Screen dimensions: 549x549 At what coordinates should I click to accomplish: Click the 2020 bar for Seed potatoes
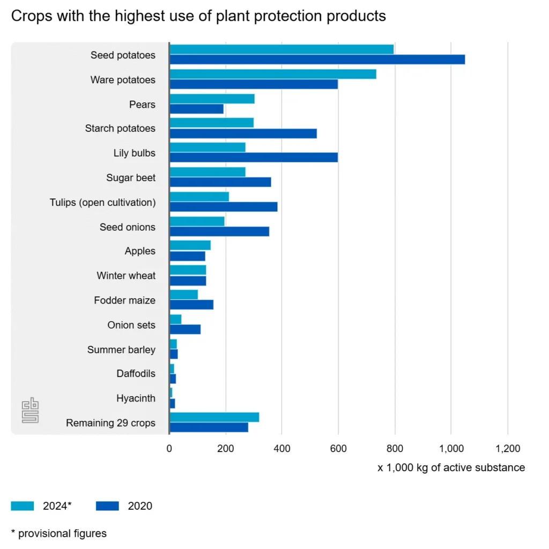317,60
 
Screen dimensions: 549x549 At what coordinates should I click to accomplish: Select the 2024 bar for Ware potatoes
273,74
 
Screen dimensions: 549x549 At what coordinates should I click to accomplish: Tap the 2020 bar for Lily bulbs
254,157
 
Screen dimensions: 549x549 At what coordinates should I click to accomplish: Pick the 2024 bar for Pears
212,99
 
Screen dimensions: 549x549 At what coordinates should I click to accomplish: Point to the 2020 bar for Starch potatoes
243,133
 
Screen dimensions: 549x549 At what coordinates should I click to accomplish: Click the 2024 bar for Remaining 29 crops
214,417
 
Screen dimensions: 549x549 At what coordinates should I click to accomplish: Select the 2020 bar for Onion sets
185,329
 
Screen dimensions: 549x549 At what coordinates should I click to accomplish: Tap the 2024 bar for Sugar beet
207,172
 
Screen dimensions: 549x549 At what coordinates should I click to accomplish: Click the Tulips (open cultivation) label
102,202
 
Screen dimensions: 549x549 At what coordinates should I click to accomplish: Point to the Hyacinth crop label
136,398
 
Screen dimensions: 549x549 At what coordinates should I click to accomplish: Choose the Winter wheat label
126,276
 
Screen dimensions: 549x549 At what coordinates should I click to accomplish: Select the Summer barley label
121,350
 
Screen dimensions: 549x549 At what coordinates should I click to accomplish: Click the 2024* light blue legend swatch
23,506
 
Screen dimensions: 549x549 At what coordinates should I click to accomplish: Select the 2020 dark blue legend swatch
107,506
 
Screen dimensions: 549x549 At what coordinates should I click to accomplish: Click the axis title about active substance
451,468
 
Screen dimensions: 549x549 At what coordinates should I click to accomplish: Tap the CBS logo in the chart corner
30,410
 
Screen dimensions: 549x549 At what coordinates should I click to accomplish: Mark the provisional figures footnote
58,533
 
